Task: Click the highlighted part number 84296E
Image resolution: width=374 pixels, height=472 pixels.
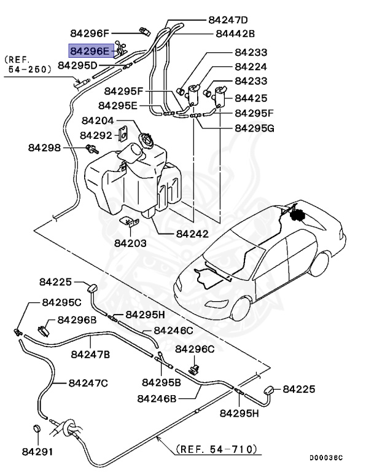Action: click(90, 50)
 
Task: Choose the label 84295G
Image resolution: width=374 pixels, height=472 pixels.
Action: click(254, 128)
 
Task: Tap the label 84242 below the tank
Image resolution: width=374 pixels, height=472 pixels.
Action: click(192, 234)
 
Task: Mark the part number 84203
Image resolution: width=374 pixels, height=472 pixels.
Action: click(130, 243)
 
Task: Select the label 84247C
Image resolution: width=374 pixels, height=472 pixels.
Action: click(88, 382)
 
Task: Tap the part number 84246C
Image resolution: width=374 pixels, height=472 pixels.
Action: click(173, 331)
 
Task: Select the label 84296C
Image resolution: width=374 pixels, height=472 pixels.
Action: click(195, 349)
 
